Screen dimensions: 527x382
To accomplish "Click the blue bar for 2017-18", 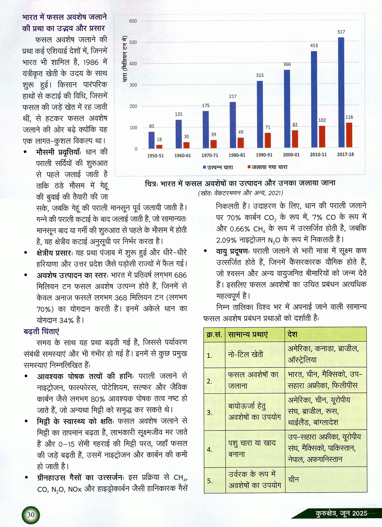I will click(x=341, y=93).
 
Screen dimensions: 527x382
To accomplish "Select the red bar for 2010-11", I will click(x=322, y=137).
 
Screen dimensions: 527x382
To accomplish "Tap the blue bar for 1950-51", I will click(x=152, y=140).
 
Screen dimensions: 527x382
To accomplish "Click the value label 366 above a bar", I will click(x=287, y=64).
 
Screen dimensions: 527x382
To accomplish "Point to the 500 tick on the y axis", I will click(x=133, y=42).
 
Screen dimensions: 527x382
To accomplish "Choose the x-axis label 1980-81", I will click(x=237, y=155).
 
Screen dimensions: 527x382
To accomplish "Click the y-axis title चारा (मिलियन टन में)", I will click(x=125, y=59).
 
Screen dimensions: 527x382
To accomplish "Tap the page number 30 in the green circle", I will click(x=31, y=515).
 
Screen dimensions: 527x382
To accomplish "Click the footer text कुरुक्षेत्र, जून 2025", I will click(x=341, y=513).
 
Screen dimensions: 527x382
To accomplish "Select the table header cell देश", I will click(x=292, y=334).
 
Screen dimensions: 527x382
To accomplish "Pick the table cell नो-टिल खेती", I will click(x=246, y=354).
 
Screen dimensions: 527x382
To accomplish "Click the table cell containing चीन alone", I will click(x=293, y=479).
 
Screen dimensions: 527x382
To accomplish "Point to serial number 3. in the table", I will click(x=210, y=412).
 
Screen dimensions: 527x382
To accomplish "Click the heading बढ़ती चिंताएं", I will click(x=41, y=332).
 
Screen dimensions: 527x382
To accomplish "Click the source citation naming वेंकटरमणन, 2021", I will click(x=240, y=193).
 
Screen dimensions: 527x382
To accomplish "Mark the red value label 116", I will click(x=349, y=117).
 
